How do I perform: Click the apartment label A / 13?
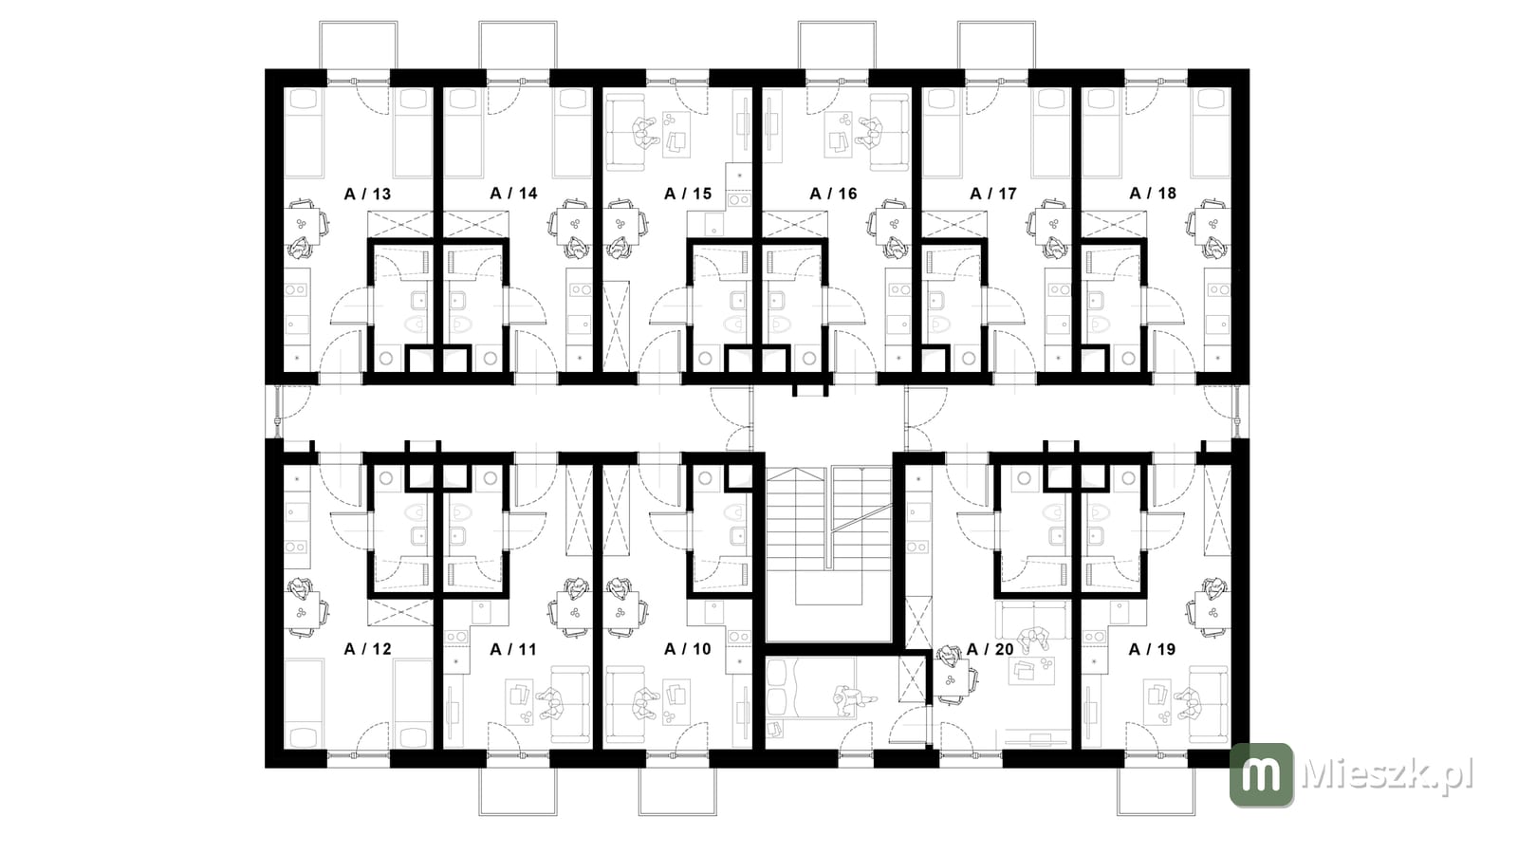click(x=367, y=195)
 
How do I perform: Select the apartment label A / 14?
click(x=513, y=194)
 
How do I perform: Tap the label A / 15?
click(x=688, y=194)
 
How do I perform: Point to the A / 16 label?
click(x=834, y=194)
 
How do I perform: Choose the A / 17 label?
click(x=993, y=194)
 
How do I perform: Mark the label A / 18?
click(x=1153, y=194)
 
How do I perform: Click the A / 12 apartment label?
click(x=367, y=649)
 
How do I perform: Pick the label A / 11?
click(x=513, y=649)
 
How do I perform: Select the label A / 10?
click(x=688, y=649)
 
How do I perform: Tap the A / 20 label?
click(x=990, y=649)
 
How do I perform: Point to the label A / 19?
click(x=1152, y=649)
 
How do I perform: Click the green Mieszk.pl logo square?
click(x=1262, y=774)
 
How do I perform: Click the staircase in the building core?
click(x=829, y=535)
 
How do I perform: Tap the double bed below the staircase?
click(x=811, y=688)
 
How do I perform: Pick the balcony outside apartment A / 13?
click(x=359, y=45)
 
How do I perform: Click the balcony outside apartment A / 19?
click(x=1157, y=791)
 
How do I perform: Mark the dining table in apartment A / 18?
click(x=1213, y=227)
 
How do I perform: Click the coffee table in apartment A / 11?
click(x=520, y=703)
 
